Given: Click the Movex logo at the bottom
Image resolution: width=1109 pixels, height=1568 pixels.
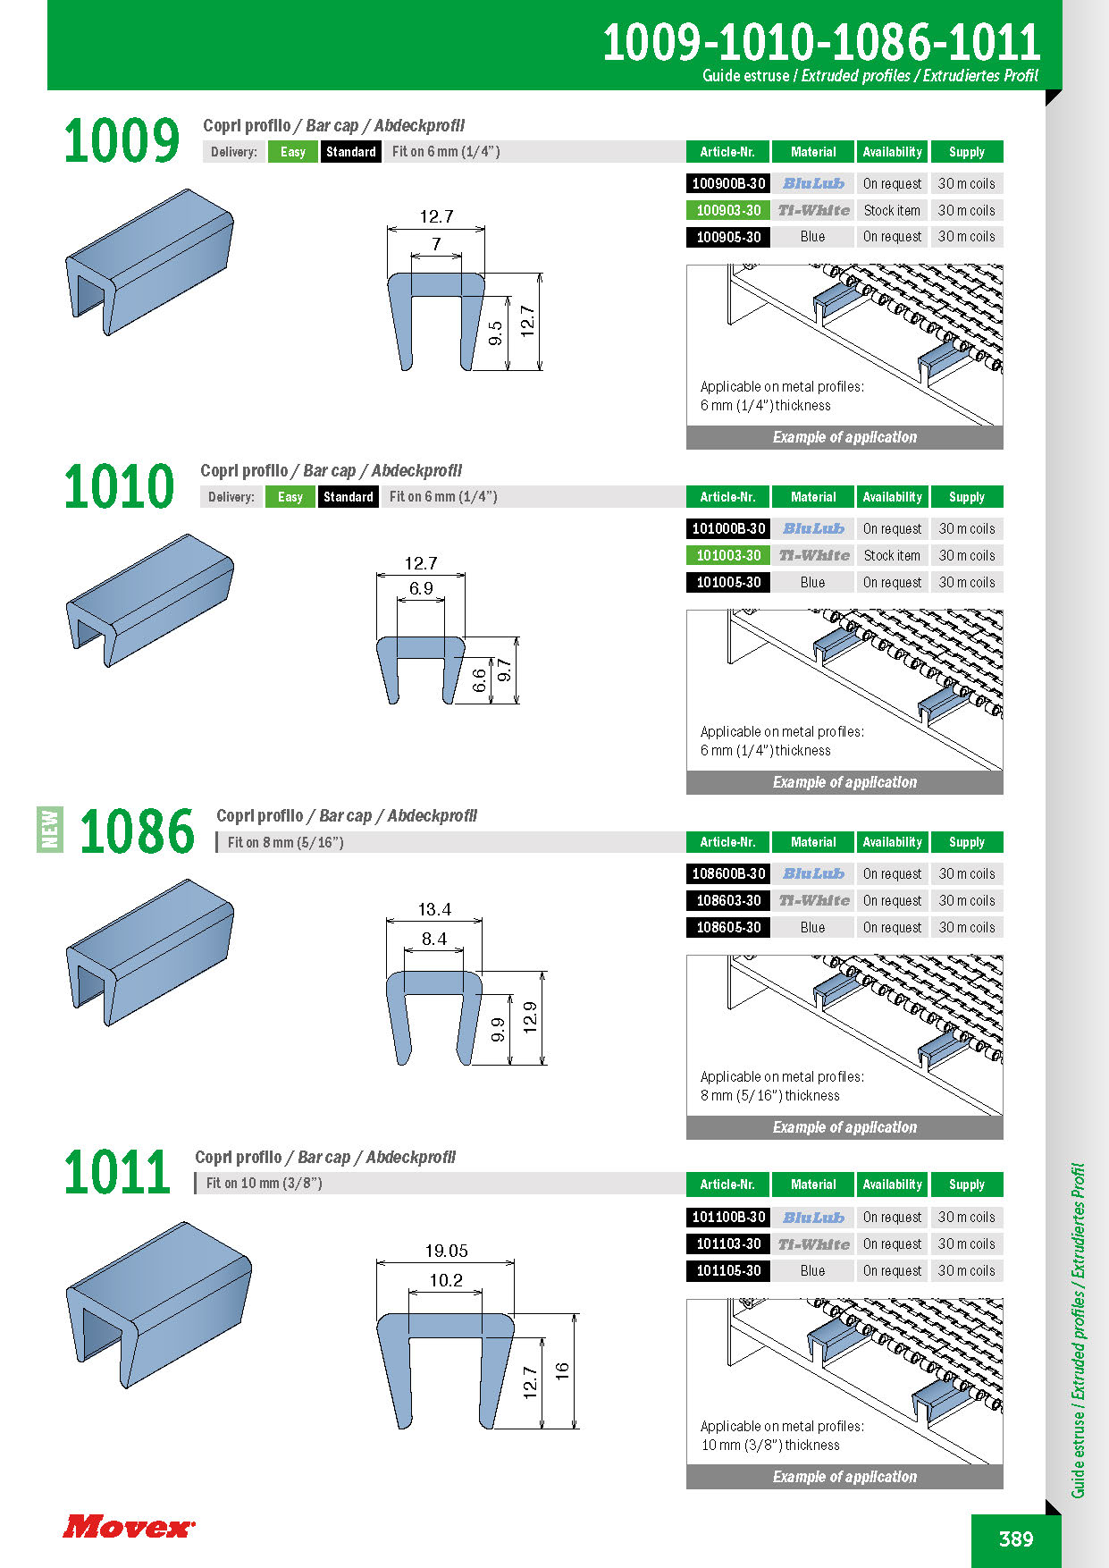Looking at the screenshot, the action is pyautogui.click(x=129, y=1526).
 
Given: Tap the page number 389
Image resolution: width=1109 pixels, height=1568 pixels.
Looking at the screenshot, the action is pyautogui.click(x=1016, y=1538).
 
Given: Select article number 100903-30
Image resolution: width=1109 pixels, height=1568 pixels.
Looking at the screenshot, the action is pyautogui.click(x=728, y=210).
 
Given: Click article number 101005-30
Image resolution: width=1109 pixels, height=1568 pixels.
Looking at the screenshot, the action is pyautogui.click(x=728, y=582).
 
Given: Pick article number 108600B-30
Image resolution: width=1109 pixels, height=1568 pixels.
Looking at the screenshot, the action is pyautogui.click(x=728, y=873).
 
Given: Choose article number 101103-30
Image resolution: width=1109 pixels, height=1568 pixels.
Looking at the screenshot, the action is pyautogui.click(x=728, y=1243).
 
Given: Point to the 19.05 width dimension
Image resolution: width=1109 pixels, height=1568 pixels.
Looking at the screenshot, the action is pyautogui.click(x=446, y=1251).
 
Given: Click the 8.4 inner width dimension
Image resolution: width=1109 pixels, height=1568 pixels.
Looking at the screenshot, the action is pyautogui.click(x=434, y=939).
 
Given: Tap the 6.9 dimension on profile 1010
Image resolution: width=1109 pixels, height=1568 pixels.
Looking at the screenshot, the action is pyautogui.click(x=421, y=588).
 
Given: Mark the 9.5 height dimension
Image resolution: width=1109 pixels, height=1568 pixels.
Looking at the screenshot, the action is pyautogui.click(x=496, y=333).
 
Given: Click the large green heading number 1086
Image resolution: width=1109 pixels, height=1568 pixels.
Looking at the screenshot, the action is pyautogui.click(x=137, y=831).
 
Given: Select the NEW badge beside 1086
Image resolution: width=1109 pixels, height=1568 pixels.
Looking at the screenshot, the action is pyautogui.click(x=50, y=829).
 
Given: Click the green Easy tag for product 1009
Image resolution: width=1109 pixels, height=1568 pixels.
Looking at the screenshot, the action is pyautogui.click(x=292, y=152).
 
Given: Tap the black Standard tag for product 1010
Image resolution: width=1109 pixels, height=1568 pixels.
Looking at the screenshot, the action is pyautogui.click(x=348, y=497).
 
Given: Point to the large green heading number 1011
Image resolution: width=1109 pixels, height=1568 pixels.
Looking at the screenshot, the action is pyautogui.click(x=117, y=1172).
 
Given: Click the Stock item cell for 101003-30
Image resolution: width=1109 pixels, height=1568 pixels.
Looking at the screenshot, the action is pyautogui.click(x=892, y=555).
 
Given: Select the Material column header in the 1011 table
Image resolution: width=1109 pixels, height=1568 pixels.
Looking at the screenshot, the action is pyautogui.click(x=813, y=1184).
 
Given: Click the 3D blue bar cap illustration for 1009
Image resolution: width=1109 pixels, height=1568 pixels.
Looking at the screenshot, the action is pyautogui.click(x=149, y=261).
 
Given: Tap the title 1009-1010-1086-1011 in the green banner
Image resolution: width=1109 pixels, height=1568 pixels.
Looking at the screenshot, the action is pyautogui.click(x=821, y=42).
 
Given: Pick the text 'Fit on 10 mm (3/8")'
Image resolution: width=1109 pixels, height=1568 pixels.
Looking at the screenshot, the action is pyautogui.click(x=265, y=1183).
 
